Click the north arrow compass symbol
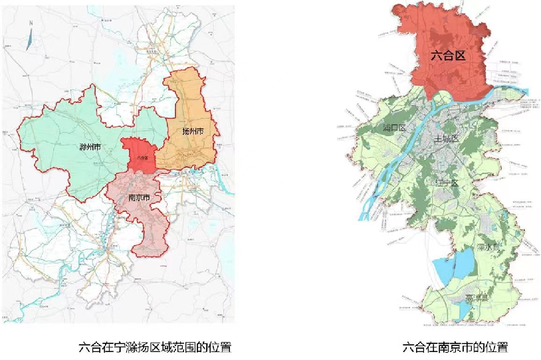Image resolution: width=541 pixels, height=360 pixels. tap(29, 39)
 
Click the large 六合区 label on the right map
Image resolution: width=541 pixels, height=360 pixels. tap(447, 56)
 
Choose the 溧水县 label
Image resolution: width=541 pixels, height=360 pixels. tap(491, 247)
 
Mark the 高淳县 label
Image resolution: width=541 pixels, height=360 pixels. tap(477, 298)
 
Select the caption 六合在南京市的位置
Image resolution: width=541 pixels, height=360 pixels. tap(455, 347)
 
